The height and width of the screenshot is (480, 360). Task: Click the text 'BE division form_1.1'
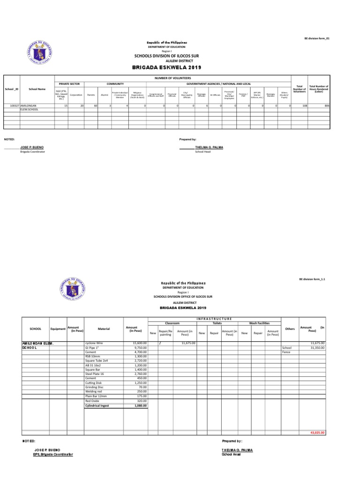pyautogui.click(x=312, y=278)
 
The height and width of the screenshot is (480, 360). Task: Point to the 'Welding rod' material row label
pyautogui.click(x=94, y=392)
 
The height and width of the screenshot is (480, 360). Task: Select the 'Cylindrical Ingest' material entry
pyautogui.click(x=97, y=405)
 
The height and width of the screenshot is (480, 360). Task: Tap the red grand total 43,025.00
pyautogui.click(x=318, y=433)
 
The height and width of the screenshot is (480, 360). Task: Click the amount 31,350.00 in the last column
pyautogui.click(x=317, y=348)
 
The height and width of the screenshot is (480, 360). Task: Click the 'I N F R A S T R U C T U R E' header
pyautogui.click(x=214, y=319)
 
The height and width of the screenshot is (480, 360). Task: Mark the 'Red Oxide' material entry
pyautogui.click(x=92, y=401)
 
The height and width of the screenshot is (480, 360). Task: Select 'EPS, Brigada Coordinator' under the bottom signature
pyautogui.click(x=50, y=454)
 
